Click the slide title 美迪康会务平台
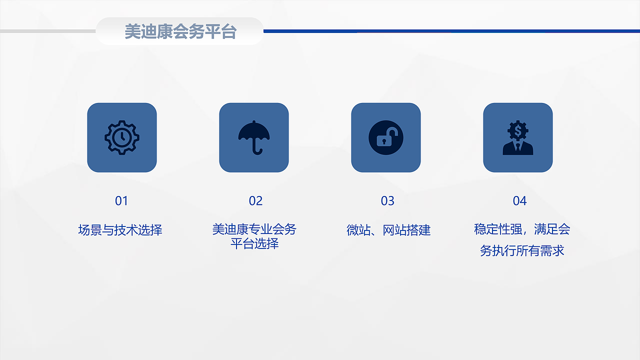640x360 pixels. coord(180,32)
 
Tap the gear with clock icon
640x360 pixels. coord(122,137)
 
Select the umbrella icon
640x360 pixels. coord(254,136)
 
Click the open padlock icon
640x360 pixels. coord(386,137)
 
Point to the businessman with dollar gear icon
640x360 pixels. coord(518,137)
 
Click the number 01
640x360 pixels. coord(121,201)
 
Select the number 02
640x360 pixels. coord(255,201)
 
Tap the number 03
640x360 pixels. coord(387,201)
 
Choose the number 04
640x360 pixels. coord(519,201)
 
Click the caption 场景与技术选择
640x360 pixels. coord(120,230)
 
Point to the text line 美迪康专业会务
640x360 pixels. coord(254,229)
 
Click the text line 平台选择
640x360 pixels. coord(254,244)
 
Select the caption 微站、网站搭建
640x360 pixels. coord(388,230)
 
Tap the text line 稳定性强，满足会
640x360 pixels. coord(522,229)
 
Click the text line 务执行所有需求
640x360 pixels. coord(522,250)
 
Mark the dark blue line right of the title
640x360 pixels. coord(450,31)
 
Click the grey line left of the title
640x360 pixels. coord(47,31)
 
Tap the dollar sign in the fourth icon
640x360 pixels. coord(518,131)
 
